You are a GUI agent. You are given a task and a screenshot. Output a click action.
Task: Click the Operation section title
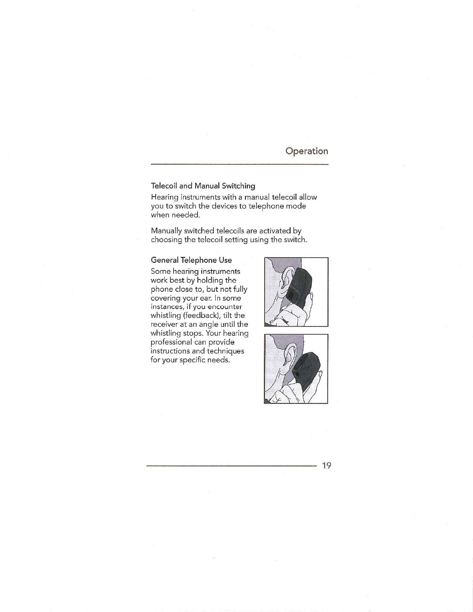pyautogui.click(x=307, y=151)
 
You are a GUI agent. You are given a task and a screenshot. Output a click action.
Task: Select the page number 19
pyautogui.click(x=327, y=465)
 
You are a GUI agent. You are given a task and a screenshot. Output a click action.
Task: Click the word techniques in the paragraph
pyautogui.click(x=225, y=351)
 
